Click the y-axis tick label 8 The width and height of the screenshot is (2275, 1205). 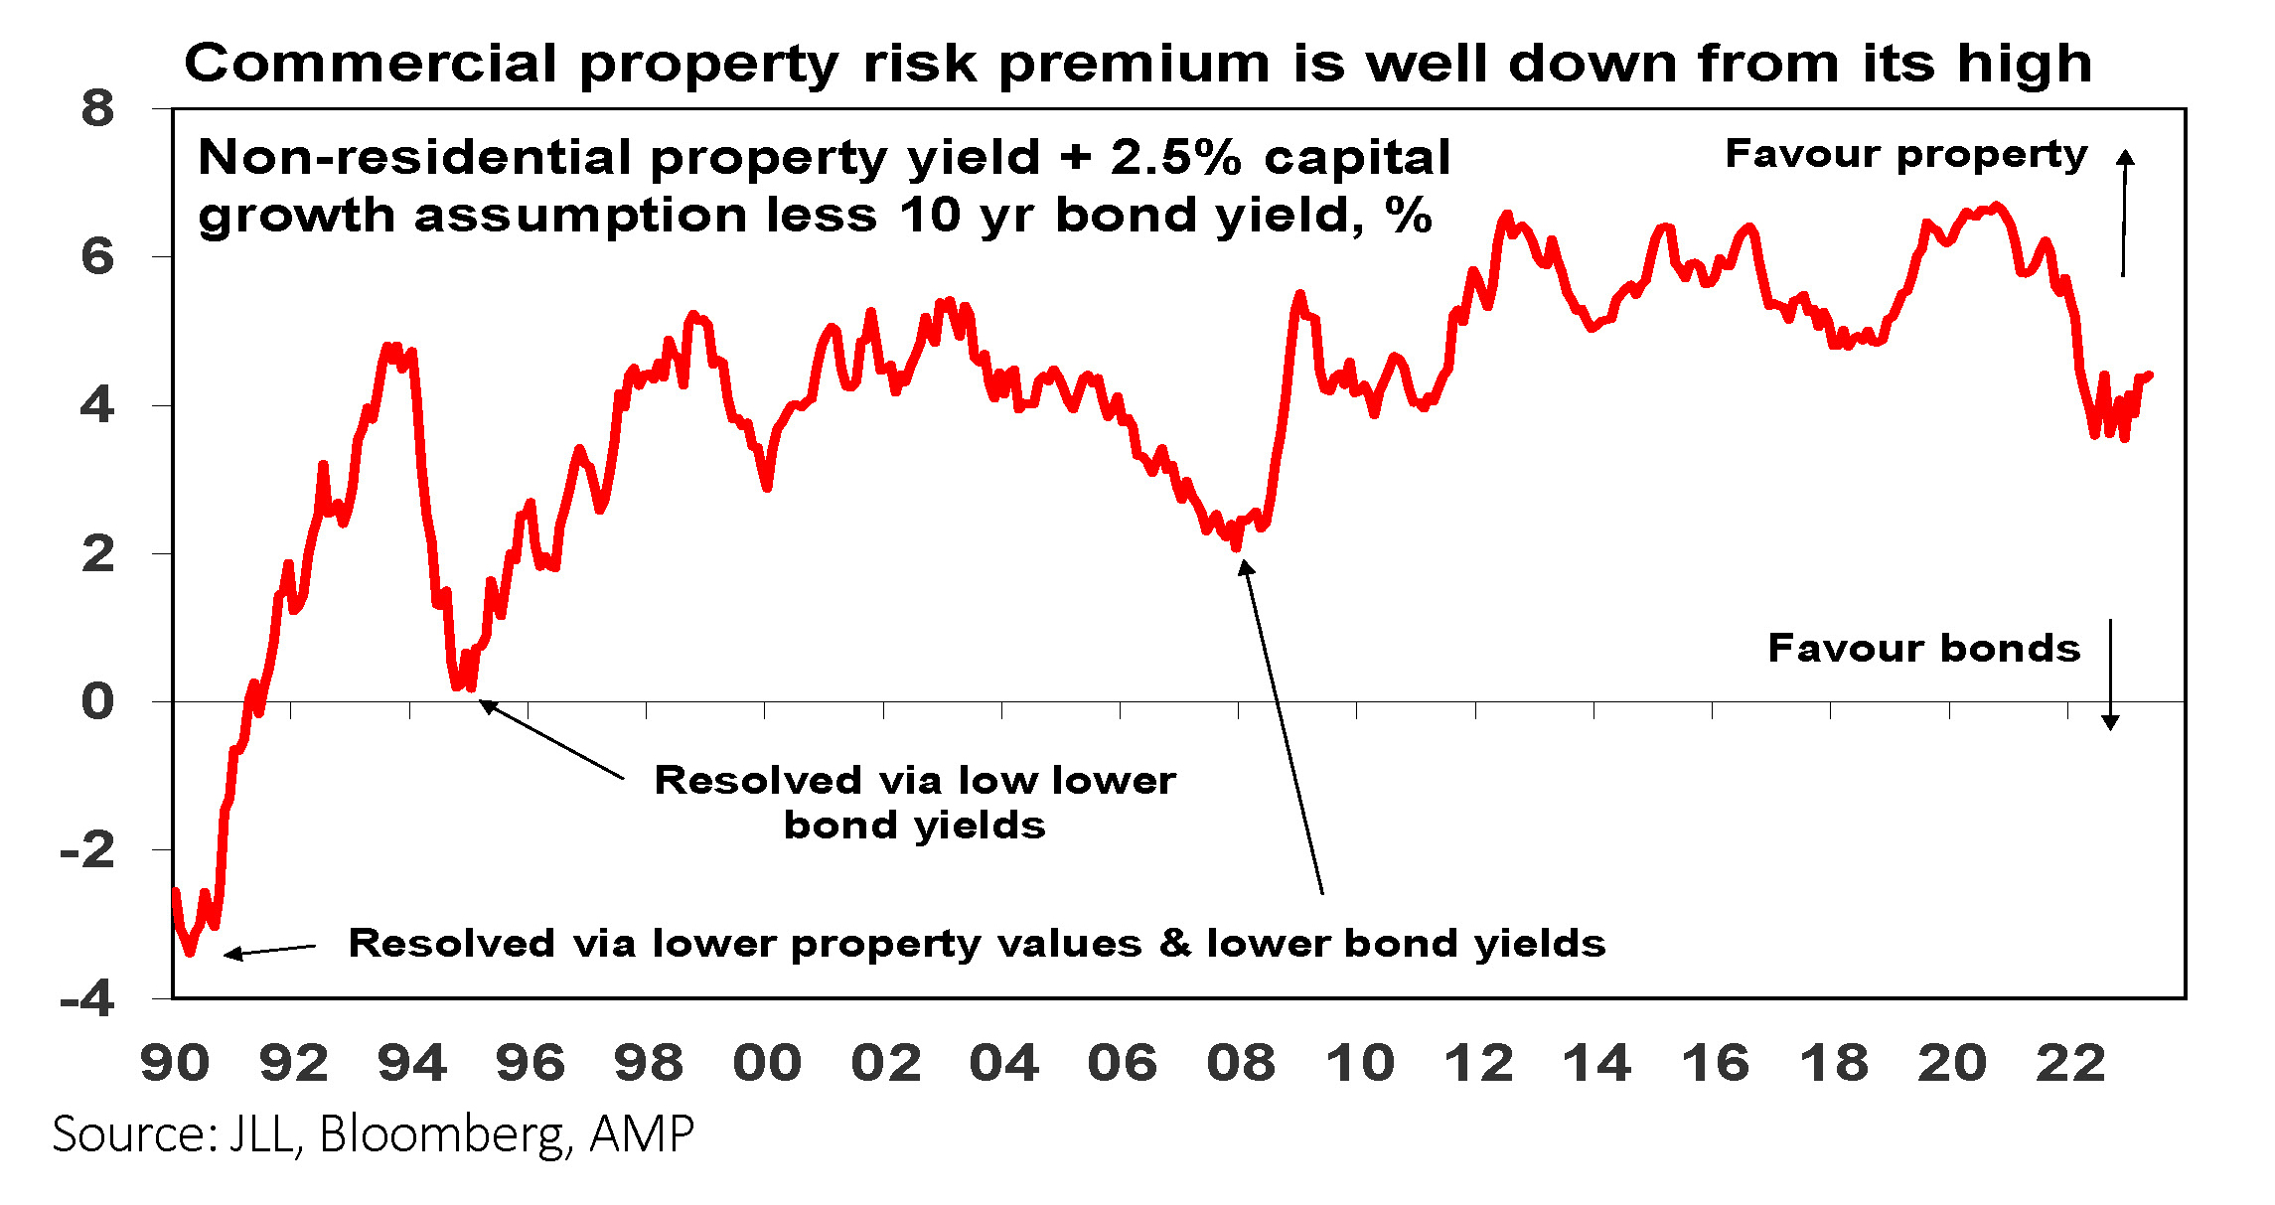pyautogui.click(x=97, y=108)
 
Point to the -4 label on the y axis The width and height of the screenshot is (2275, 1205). pyautogui.click(x=87, y=998)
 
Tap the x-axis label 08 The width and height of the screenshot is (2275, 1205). pyautogui.click(x=1241, y=1063)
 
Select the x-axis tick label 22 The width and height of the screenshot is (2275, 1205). pyautogui.click(x=2070, y=1063)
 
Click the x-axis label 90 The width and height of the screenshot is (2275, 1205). pyautogui.click(x=175, y=1063)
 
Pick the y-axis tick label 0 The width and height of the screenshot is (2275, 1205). pyautogui.click(x=97, y=701)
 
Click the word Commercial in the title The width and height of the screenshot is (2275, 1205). pyautogui.click(x=370, y=64)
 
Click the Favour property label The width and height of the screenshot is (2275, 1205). pyautogui.click(x=1905, y=154)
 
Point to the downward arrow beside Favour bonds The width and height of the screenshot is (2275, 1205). pyautogui.click(x=2111, y=676)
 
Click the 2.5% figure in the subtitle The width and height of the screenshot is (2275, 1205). pyautogui.click(x=1176, y=157)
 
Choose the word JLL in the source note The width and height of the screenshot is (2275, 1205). pyautogui.click(x=262, y=1132)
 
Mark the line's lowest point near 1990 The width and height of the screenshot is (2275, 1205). pyautogui.click(x=190, y=953)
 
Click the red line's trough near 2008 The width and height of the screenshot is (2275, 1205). pyautogui.click(x=1236, y=546)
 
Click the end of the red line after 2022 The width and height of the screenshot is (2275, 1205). pyautogui.click(x=2150, y=375)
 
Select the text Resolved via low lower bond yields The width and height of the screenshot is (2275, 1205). pyautogui.click(x=914, y=802)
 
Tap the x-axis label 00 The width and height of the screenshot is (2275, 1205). pyautogui.click(x=767, y=1063)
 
